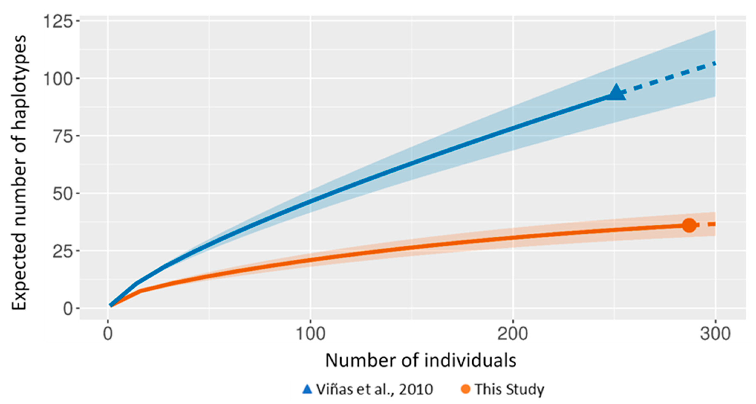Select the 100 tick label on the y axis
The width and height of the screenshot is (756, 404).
click(x=58, y=79)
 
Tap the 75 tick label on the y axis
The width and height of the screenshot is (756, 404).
click(x=62, y=136)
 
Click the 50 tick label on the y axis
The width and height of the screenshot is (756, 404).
click(x=62, y=194)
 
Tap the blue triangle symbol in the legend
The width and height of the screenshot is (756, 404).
click(x=307, y=389)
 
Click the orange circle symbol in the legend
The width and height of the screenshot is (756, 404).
click(x=465, y=389)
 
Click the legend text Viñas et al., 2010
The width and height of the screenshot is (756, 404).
click(x=374, y=389)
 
